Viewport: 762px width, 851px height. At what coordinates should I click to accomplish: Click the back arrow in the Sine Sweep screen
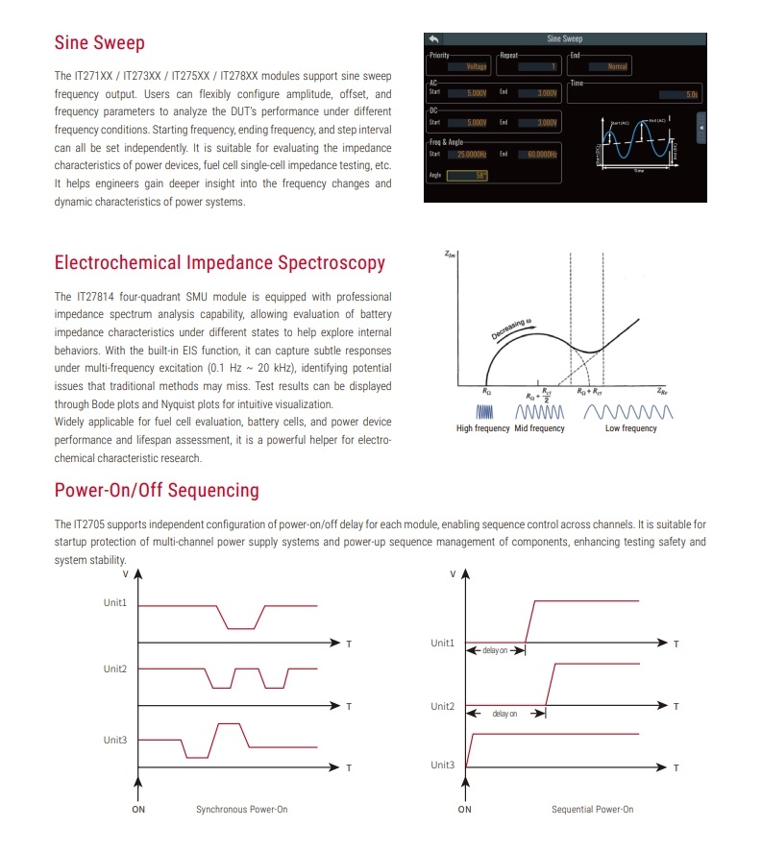[433, 39]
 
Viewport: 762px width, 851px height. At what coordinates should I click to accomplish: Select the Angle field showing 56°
[468, 175]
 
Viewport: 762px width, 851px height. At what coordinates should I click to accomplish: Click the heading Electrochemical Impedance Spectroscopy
[220, 262]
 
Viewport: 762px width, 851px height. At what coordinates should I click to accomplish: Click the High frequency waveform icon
[482, 411]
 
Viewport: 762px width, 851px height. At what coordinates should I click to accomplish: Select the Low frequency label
[631, 428]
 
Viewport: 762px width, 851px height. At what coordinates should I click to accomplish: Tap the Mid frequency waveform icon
[539, 411]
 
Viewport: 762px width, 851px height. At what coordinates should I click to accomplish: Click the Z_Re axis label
[664, 392]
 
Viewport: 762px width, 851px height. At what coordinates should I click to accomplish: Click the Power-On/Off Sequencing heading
[157, 490]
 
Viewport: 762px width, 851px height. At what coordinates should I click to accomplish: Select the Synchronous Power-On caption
[241, 809]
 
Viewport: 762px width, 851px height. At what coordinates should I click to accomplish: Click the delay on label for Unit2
[504, 714]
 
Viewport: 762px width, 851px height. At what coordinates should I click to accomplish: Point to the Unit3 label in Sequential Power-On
[442, 765]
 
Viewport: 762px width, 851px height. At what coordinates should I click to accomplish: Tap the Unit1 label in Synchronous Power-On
[116, 604]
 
